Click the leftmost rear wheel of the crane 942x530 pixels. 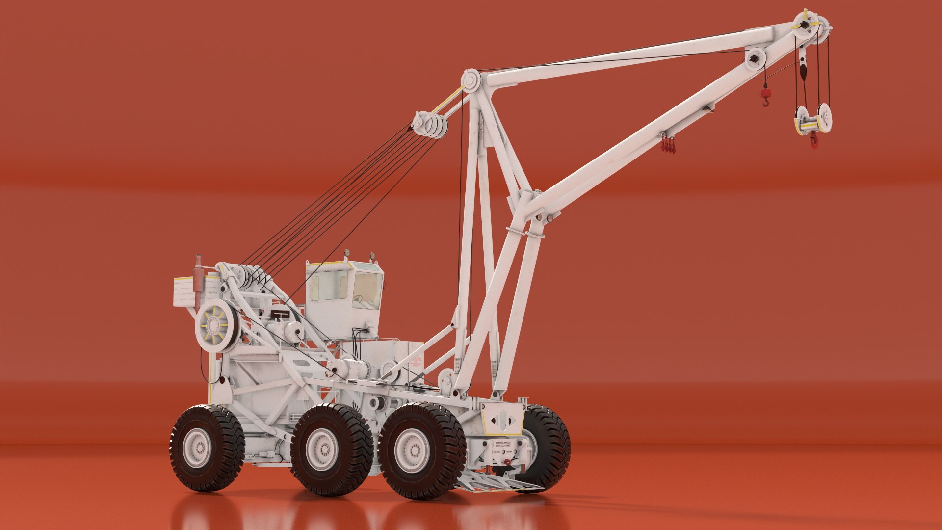[x=207, y=447]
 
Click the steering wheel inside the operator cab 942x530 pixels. [x=358, y=299]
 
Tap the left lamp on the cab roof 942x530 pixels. [x=347, y=254]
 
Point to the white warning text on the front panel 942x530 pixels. [x=505, y=445]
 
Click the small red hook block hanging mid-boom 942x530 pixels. [x=765, y=96]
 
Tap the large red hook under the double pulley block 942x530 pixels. [x=814, y=140]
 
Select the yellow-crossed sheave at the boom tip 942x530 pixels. [x=805, y=25]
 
